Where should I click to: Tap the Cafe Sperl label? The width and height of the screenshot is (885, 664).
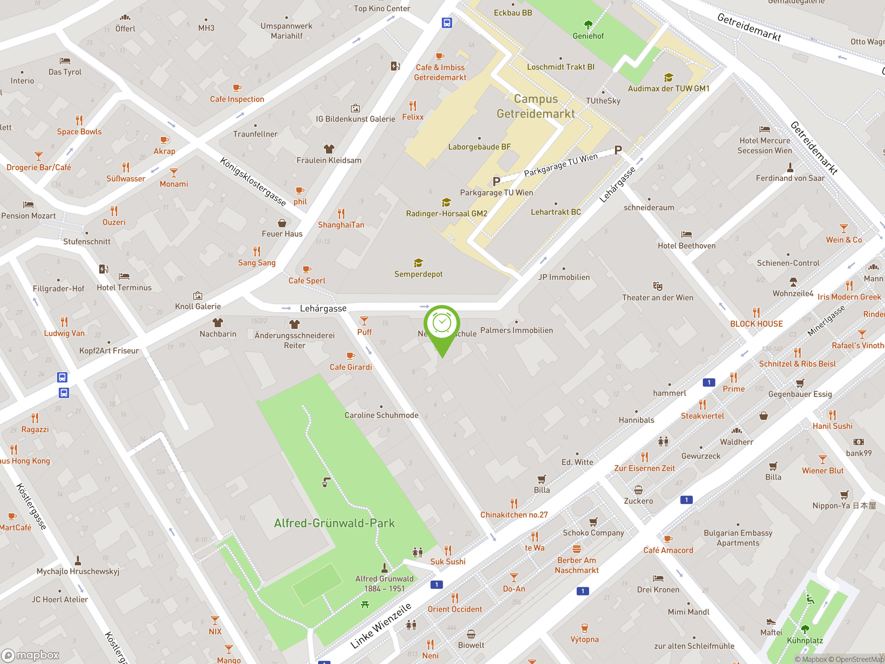click(307, 280)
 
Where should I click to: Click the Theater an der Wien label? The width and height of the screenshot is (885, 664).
click(657, 297)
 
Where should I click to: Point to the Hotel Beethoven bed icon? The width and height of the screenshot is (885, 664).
click(687, 234)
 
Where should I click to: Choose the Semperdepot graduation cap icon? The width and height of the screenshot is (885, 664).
click(418, 263)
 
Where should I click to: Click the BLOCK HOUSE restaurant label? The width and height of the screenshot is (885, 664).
click(756, 324)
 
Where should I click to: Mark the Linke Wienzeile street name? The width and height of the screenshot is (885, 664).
click(381, 625)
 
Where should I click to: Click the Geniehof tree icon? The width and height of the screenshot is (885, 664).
click(588, 25)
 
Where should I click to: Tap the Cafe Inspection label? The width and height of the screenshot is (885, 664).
click(237, 99)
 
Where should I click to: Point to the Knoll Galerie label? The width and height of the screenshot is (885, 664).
click(198, 306)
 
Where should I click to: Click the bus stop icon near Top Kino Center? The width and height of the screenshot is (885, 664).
click(447, 23)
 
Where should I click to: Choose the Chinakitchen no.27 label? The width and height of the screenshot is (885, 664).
click(514, 515)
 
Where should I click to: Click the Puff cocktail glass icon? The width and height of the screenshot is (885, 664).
click(364, 321)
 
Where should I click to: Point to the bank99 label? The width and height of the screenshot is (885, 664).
click(859, 453)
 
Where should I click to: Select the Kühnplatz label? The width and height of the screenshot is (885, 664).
click(804, 640)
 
